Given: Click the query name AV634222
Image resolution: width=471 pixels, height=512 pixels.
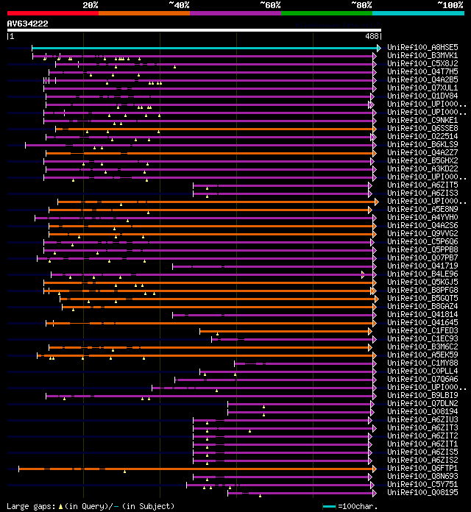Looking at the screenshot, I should click(x=28, y=24).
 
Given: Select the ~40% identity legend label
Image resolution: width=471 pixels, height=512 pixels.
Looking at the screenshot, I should click(x=178, y=4).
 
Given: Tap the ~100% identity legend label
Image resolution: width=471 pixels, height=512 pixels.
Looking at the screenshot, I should click(x=450, y=4).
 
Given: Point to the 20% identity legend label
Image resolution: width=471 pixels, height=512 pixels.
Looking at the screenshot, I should click(x=91, y=4).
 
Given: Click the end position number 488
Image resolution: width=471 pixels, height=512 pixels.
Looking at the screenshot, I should click(x=372, y=35).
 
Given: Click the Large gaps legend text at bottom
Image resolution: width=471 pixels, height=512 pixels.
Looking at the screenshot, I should click(x=90, y=506).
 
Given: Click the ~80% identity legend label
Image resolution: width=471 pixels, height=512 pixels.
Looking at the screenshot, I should click(x=361, y=4).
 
